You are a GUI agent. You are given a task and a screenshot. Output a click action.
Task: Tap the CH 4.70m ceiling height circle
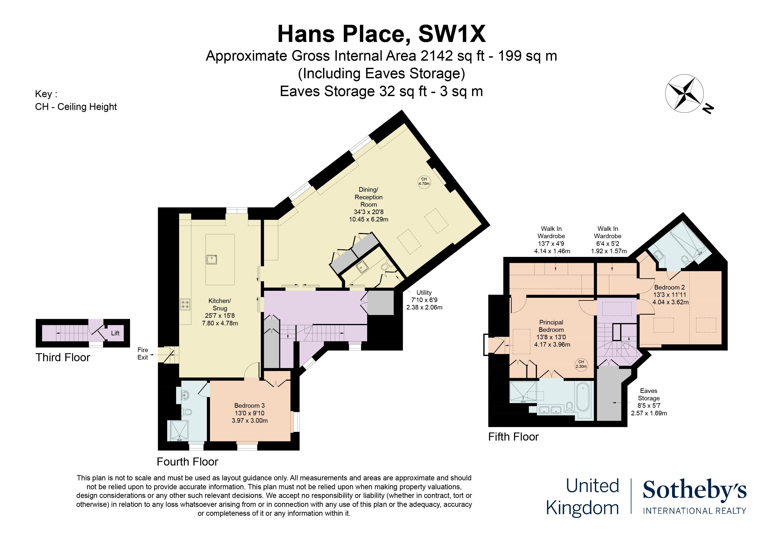(x=424, y=182)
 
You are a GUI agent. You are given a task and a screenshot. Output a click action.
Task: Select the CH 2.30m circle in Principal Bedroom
(x=581, y=364)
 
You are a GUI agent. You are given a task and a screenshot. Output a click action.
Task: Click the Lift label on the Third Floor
(x=115, y=333)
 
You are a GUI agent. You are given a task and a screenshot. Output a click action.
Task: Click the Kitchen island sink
(x=211, y=259)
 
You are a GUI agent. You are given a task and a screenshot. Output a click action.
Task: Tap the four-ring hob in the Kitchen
(x=185, y=304)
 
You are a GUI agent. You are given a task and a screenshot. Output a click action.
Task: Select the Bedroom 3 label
(x=249, y=406)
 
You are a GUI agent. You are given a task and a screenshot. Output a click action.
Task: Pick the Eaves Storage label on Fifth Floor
(x=648, y=394)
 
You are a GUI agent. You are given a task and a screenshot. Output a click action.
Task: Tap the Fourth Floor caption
(x=187, y=462)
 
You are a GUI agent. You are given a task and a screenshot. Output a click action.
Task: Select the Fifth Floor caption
(x=513, y=437)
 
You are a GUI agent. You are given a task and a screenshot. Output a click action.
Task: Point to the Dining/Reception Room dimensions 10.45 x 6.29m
(x=368, y=219)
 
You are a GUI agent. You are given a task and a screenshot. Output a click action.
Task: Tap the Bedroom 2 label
(x=669, y=287)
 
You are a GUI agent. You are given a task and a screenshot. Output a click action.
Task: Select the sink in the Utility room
(x=361, y=267)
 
